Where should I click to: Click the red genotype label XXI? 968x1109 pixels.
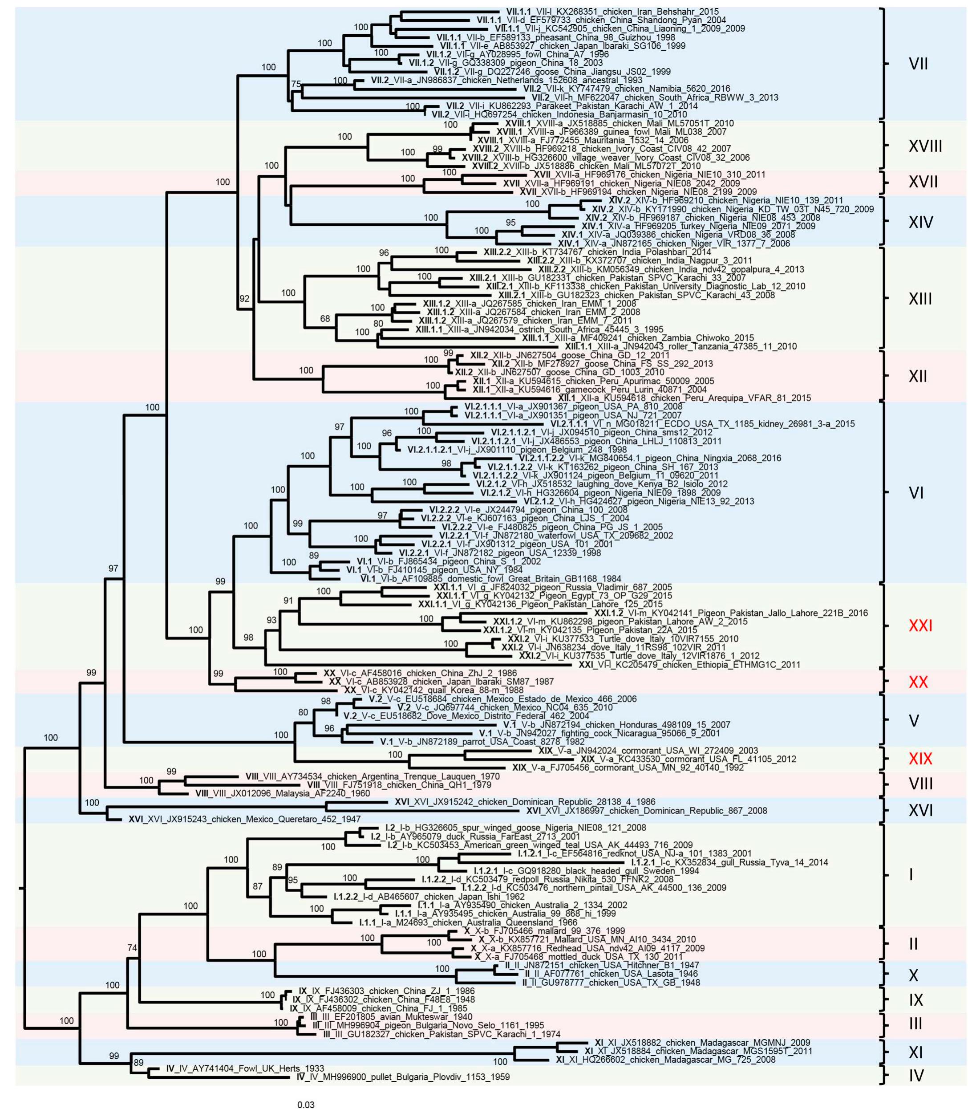point(920,626)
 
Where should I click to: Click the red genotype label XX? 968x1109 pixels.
point(918,682)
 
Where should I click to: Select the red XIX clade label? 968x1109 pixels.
point(920,758)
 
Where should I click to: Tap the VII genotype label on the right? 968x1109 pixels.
point(918,64)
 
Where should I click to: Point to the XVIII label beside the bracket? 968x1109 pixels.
point(925,146)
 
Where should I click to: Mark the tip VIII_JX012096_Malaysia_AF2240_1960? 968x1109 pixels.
point(283,793)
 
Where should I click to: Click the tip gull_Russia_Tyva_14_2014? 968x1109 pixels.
point(729,862)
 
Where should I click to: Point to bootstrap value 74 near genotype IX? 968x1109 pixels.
point(132,948)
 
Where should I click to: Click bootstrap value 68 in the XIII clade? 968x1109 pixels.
point(324,319)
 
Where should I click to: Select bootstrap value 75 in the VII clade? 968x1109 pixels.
point(296,84)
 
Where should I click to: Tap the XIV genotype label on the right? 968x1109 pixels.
point(920,222)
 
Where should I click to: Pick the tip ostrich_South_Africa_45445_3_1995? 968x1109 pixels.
point(539,329)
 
